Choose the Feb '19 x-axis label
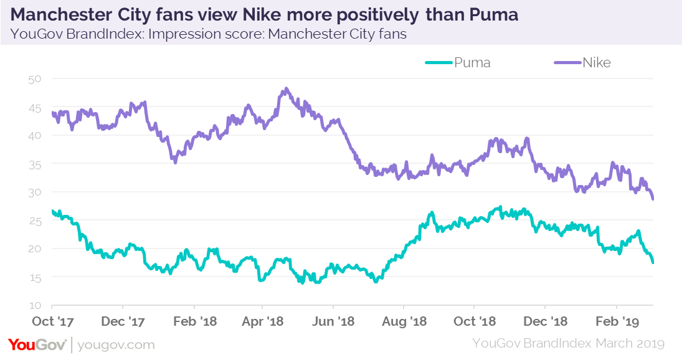pos(617,321)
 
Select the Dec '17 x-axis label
pos(123,321)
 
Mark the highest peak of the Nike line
pos(286,88)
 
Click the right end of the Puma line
pos(653,262)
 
